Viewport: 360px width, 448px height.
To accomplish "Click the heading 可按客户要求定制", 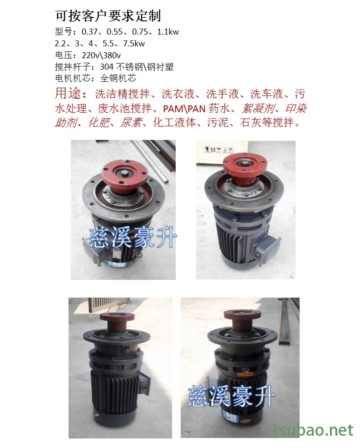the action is click(108, 16).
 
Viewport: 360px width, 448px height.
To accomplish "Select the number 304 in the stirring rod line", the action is click(107, 67).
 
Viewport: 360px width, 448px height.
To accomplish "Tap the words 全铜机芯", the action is click(118, 78).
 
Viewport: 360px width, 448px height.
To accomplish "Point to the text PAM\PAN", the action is click(184, 109).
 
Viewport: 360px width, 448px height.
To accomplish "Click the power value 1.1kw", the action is click(168, 32).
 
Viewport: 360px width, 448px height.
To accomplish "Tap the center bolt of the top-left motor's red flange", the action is click(126, 174).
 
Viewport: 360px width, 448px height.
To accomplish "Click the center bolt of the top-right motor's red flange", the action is click(245, 164).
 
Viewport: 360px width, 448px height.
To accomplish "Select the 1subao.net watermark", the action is click(313, 429).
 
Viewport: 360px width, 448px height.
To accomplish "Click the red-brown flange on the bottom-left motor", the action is click(117, 322).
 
